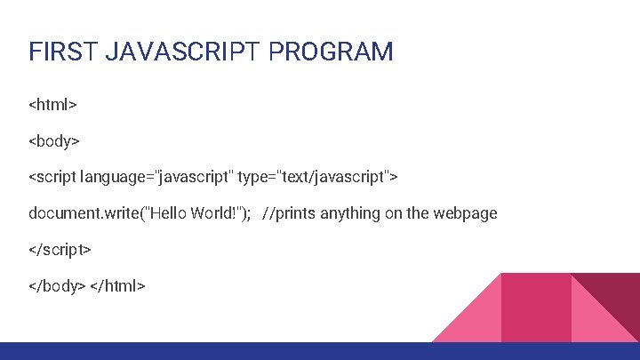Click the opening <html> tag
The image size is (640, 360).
[53, 105]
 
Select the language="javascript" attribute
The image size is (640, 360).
[156, 177]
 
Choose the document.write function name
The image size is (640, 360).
[80, 213]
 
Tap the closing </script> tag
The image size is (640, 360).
[60, 250]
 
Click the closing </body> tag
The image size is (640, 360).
[57, 285]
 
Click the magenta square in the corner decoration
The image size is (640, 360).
[536, 307]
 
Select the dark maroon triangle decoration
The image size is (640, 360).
[617, 297]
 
